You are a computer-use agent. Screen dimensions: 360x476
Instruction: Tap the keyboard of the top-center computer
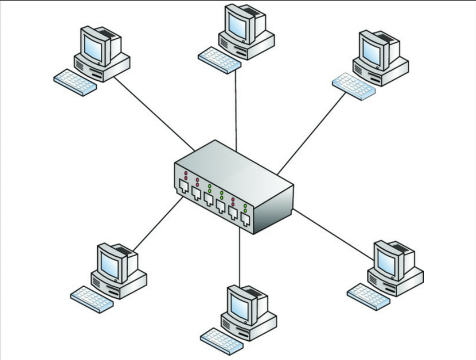pyautogui.click(x=219, y=61)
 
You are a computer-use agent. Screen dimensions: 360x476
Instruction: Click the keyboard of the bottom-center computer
pyautogui.click(x=222, y=340)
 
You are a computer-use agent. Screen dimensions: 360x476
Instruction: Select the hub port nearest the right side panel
pyautogui.click(x=245, y=219)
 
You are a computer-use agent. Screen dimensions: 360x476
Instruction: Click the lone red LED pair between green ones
pyautogui.click(x=233, y=201)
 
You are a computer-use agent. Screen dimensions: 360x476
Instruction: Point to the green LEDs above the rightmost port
pyautogui.click(x=245, y=208)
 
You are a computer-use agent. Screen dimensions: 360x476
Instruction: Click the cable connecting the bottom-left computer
pyautogui.click(x=158, y=224)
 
